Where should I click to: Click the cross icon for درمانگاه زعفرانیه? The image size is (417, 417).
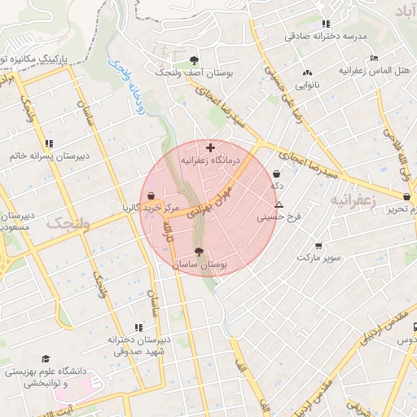(x=211, y=147)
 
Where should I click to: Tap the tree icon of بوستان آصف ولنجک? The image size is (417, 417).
(x=194, y=60)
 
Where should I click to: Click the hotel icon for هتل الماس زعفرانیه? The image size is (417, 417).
(x=374, y=58)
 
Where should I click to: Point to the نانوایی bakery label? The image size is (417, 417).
(x=307, y=84)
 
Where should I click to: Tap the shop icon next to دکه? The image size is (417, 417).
(x=278, y=173)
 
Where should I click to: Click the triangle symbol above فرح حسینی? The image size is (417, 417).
(x=279, y=204)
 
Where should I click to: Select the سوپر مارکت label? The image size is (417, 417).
(x=318, y=257)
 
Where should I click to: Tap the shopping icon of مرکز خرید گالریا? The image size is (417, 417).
(x=152, y=195)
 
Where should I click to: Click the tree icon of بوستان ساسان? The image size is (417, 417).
(x=200, y=252)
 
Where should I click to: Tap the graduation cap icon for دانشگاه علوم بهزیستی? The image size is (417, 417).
(x=46, y=358)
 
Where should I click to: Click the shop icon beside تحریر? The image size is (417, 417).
(x=406, y=196)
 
